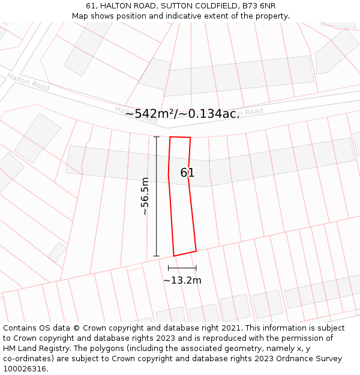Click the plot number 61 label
[187, 173]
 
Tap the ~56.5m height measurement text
[144, 196]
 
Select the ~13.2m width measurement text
[182, 280]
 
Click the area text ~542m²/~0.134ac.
[182, 113]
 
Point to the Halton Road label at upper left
[28, 82]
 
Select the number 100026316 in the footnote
[23, 369]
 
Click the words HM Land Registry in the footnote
[29, 349]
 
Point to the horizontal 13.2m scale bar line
[182, 268]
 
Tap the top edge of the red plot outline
[180, 137]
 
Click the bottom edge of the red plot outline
[185, 253]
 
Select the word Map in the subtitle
[80, 16]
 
